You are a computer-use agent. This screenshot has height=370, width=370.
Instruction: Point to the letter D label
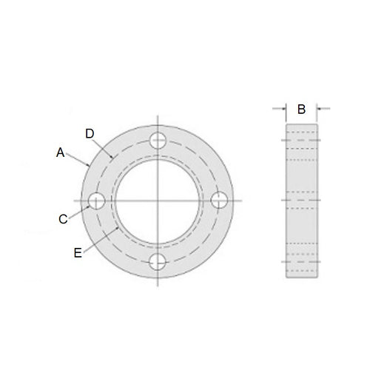90,133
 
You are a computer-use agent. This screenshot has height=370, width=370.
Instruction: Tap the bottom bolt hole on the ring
157,261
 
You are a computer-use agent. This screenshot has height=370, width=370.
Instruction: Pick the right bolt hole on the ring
218,201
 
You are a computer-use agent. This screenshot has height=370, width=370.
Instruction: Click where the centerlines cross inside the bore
157,201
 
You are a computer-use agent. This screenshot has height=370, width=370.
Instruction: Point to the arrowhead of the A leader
89,165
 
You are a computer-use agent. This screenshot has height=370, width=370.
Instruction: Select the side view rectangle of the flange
301,201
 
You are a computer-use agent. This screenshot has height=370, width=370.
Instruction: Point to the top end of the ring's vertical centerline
157,115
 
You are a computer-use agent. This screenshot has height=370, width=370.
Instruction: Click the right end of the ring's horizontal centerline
242,201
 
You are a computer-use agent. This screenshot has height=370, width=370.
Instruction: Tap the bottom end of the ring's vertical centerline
157,286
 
